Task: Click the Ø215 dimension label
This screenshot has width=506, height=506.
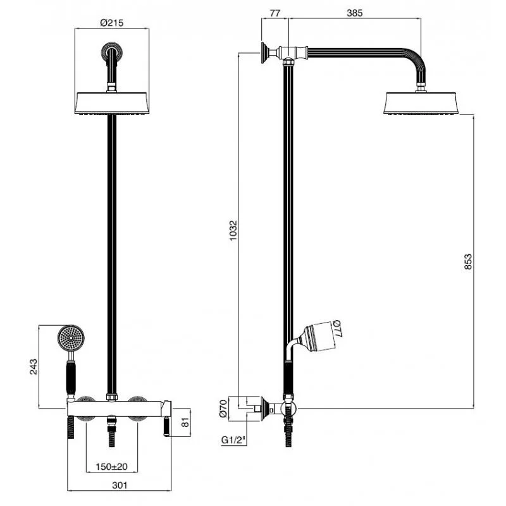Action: [x=112, y=23]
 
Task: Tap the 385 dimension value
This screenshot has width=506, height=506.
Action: [x=355, y=13]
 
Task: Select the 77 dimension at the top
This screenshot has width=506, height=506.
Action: [x=275, y=13]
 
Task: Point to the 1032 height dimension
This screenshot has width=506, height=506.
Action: [x=233, y=230]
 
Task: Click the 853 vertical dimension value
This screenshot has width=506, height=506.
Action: [x=468, y=262]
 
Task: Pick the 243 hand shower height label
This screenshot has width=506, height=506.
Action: [x=34, y=367]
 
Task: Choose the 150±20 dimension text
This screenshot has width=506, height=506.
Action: [x=112, y=467]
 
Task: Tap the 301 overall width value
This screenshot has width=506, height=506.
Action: [x=120, y=485]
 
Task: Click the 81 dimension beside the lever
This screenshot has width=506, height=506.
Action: [x=185, y=423]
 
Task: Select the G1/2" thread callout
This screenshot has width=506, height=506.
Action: [x=233, y=440]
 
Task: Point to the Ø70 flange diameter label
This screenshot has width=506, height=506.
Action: [x=223, y=409]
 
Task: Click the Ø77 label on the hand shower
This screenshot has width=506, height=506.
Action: [x=336, y=329]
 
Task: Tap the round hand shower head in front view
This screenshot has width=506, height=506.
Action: [x=71, y=338]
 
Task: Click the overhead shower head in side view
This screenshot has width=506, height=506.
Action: [x=421, y=103]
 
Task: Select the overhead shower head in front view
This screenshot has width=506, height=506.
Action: [x=112, y=103]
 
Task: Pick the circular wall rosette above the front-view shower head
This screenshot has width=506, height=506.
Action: [x=112, y=52]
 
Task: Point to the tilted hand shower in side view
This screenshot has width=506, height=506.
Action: [x=318, y=336]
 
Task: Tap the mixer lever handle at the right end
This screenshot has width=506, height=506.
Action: [x=166, y=418]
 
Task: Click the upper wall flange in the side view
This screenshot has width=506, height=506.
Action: [x=266, y=53]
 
